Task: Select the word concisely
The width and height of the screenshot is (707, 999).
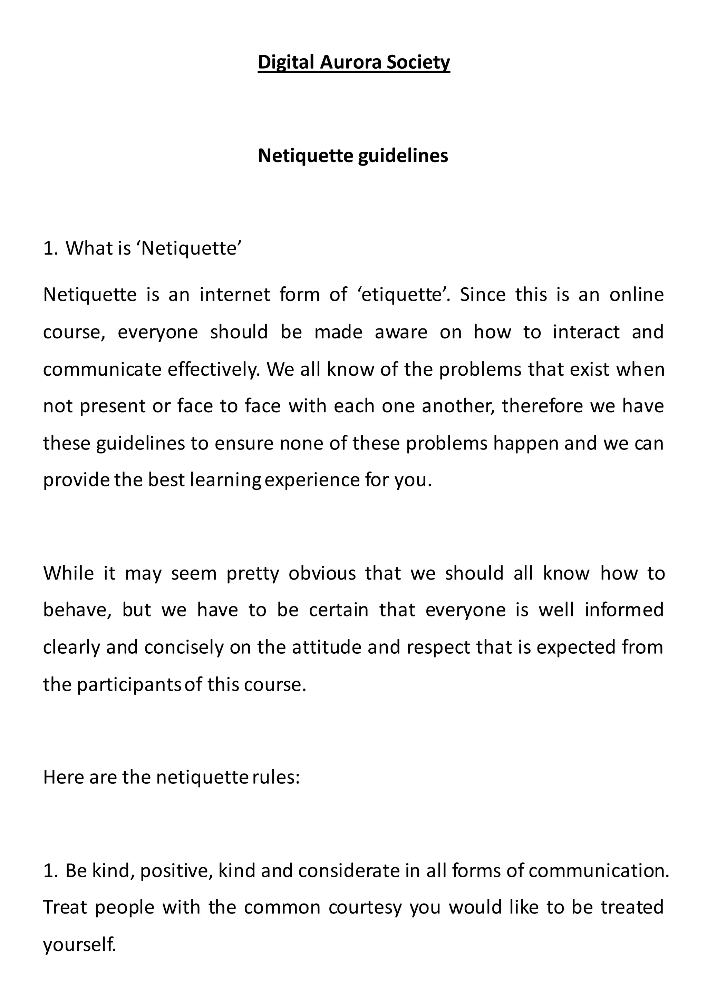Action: (184, 647)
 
